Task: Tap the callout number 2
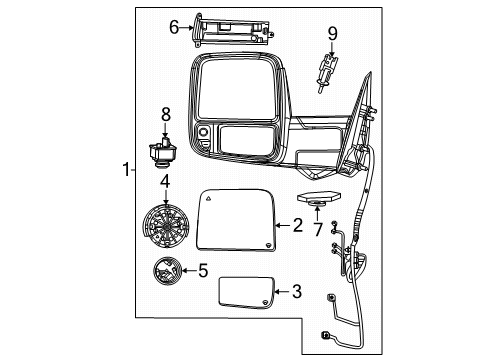click(297, 226)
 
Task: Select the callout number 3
click(296, 292)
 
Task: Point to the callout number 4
click(164, 181)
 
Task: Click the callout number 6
click(174, 27)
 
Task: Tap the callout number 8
click(167, 113)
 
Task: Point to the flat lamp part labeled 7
click(319, 199)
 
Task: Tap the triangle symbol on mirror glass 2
click(211, 200)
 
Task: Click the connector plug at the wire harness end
click(326, 336)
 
